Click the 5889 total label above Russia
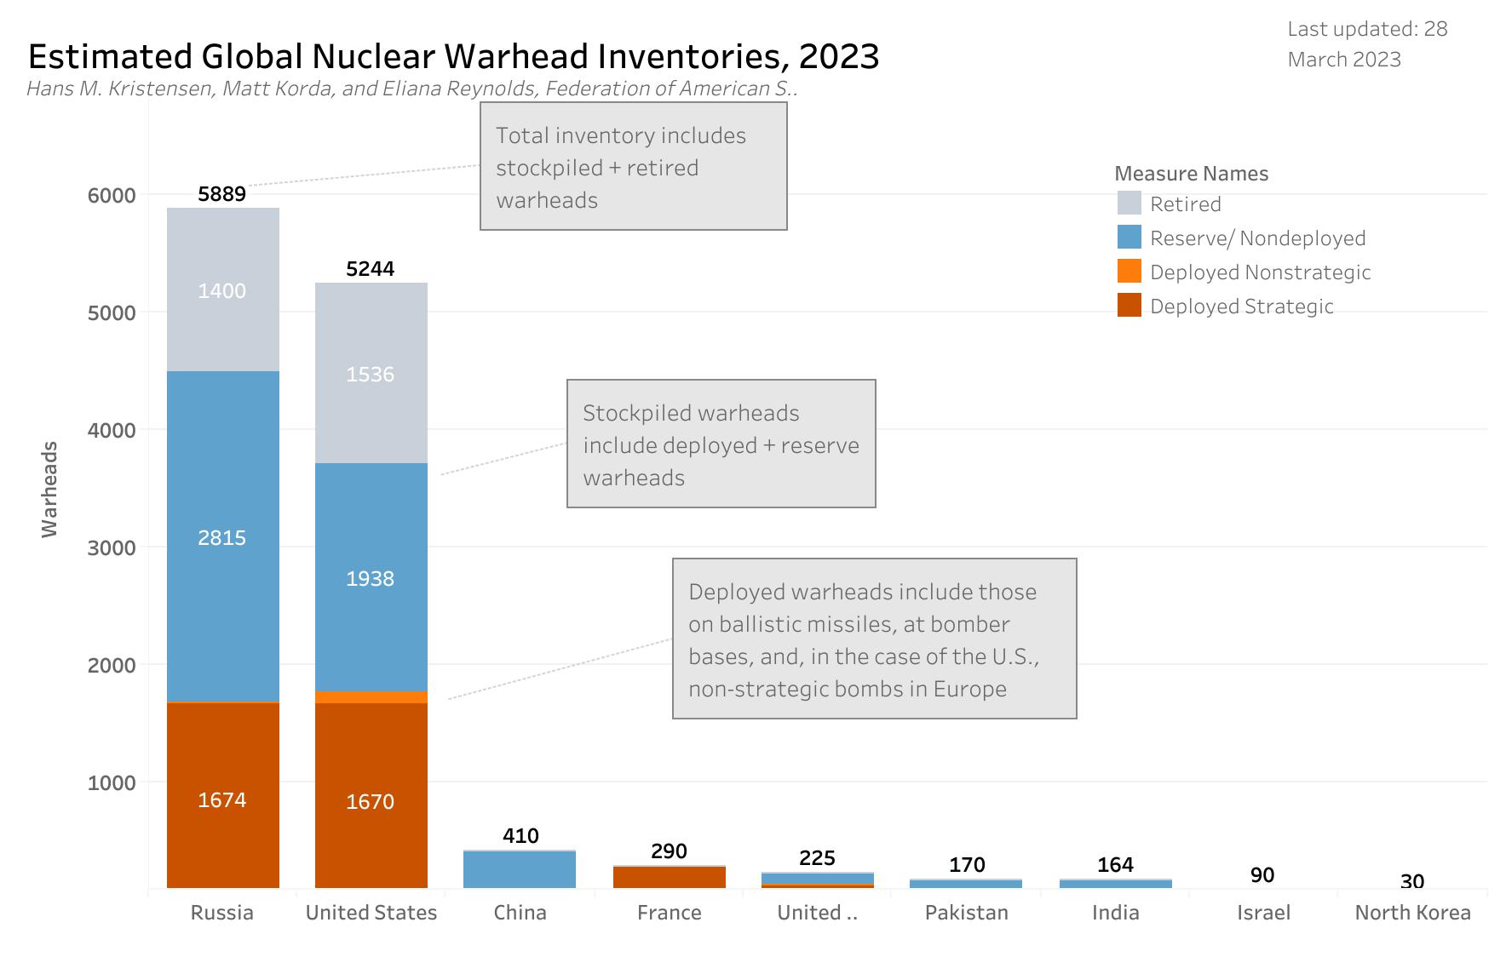click(221, 194)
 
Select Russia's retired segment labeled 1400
click(222, 290)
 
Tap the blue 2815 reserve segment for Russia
click(222, 537)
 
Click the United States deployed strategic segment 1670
click(371, 801)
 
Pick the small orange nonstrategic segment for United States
click(371, 697)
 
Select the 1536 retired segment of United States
click(371, 374)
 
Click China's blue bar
click(520, 869)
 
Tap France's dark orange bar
click(669, 877)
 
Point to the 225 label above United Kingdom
click(817, 857)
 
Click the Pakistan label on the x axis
click(966, 913)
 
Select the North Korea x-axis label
click(1412, 913)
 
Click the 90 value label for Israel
click(1262, 875)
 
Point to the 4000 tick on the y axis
click(112, 431)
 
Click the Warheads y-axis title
click(49, 489)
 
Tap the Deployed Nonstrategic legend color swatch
click(1129, 272)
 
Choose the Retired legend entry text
click(1185, 204)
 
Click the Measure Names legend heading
click(1191, 174)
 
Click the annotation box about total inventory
click(633, 167)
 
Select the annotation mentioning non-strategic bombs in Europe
click(874, 639)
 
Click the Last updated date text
click(1366, 44)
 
